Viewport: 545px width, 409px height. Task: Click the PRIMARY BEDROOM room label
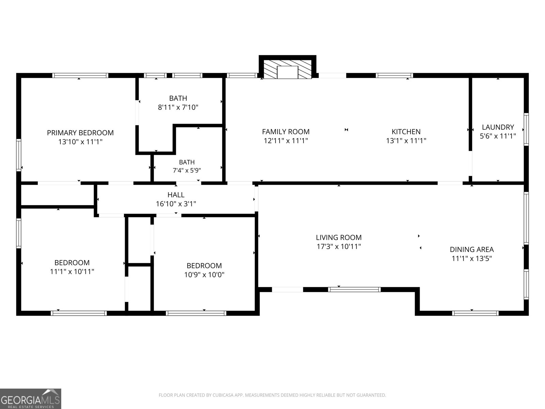[80, 133]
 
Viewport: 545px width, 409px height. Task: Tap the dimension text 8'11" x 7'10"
[178, 107]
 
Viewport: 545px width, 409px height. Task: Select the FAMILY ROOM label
[286, 132]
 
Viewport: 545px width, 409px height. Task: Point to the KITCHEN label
[406, 132]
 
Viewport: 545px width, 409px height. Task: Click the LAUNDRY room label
[498, 127]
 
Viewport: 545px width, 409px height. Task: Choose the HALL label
[176, 195]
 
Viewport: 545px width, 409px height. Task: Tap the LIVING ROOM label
[339, 238]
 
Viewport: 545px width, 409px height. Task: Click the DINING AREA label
[472, 249]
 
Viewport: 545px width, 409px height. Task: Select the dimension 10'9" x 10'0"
[204, 275]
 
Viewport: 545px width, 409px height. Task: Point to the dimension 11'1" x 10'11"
[72, 272]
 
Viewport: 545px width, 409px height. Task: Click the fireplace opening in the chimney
[287, 72]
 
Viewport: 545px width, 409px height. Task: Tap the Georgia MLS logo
[30, 398]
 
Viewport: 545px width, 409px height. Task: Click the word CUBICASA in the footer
[223, 395]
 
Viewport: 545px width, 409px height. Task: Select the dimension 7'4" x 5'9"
[187, 170]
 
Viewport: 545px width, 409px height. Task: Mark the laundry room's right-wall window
[526, 130]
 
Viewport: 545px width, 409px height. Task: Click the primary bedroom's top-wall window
[80, 75]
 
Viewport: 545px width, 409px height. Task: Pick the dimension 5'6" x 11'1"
[498, 136]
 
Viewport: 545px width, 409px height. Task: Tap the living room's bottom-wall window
[354, 290]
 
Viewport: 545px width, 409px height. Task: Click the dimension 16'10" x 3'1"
[176, 204]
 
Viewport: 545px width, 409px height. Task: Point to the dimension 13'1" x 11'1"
[406, 141]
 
